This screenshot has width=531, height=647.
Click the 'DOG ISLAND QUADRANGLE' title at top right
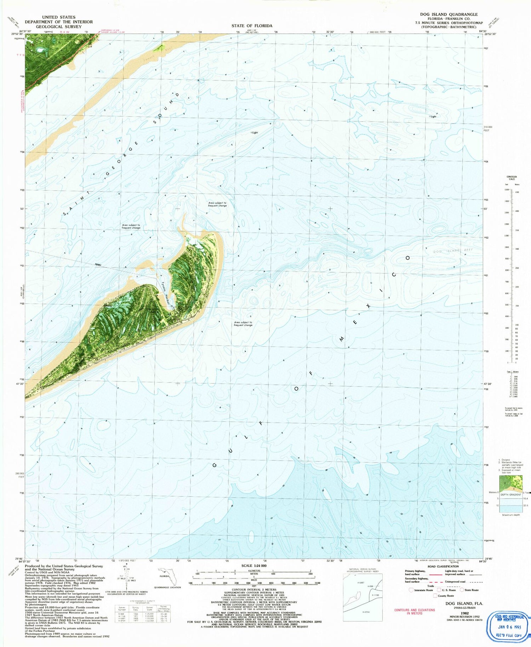[449, 15]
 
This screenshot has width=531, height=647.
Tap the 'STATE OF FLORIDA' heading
[252, 26]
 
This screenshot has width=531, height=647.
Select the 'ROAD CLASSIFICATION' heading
[442, 567]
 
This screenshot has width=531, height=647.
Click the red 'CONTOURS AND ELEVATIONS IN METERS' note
[415, 612]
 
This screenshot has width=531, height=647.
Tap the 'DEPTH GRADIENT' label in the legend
[510, 494]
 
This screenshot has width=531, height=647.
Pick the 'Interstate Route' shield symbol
[411, 590]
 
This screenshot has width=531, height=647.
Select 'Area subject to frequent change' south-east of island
[243, 323]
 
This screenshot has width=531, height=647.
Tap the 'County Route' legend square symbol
[435, 596]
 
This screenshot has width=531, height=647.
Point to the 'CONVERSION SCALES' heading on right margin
[512, 178]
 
